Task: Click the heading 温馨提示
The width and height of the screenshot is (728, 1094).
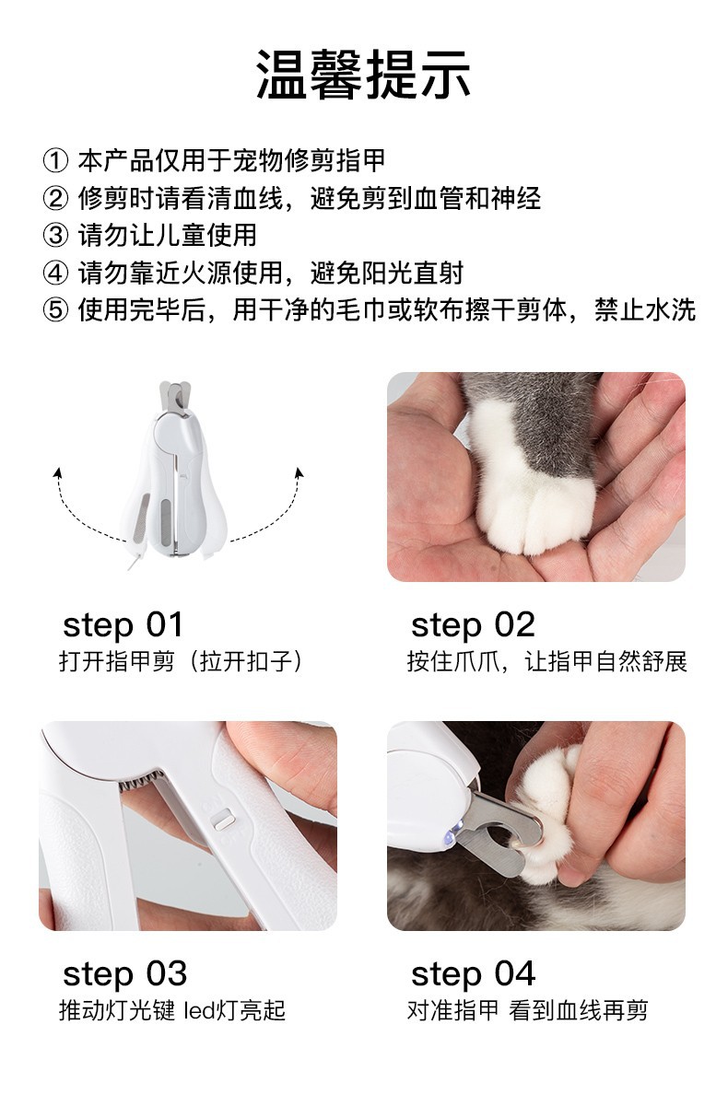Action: (364, 75)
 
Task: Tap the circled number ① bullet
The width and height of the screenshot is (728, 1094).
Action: (55, 160)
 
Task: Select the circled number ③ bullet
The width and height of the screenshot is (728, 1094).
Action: (55, 235)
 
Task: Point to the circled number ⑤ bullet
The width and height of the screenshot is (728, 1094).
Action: (55, 309)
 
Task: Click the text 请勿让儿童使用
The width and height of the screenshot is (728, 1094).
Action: (168, 235)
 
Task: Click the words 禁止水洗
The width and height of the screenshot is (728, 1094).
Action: (645, 309)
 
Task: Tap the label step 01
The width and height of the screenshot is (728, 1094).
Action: (123, 624)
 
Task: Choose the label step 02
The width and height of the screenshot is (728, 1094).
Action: (473, 624)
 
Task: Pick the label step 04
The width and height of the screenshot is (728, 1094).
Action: (473, 973)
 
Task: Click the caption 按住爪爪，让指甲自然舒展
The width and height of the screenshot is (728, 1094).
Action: (546, 660)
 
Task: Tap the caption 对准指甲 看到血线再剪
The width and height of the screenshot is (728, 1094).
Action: (528, 1009)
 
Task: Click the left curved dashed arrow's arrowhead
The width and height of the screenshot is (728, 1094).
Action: (58, 473)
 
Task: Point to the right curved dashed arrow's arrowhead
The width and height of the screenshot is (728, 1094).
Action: (299, 473)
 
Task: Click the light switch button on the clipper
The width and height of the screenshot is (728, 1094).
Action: (223, 819)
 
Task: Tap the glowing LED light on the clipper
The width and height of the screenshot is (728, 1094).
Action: (456, 828)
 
